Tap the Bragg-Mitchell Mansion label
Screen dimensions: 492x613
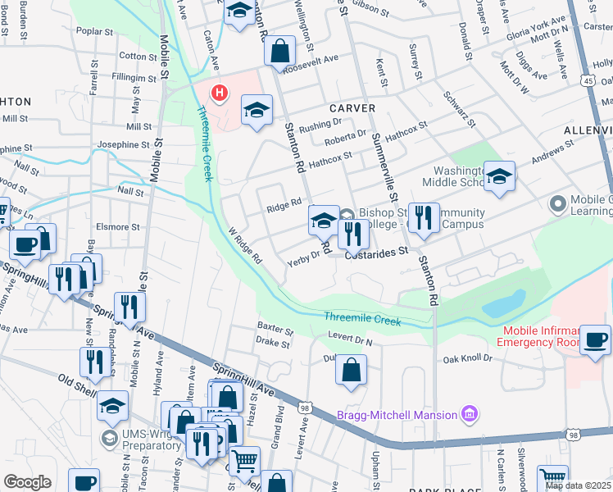click(x=397, y=414)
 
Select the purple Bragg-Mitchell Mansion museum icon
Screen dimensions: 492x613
click(x=470, y=414)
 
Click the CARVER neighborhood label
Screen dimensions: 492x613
click(x=352, y=108)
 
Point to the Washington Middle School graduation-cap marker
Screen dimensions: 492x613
click(x=499, y=177)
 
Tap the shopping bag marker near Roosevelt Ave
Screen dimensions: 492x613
click(x=279, y=51)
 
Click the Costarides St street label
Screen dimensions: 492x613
click(x=376, y=254)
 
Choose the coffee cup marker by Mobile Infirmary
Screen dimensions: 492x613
click(x=595, y=339)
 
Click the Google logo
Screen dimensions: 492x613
click(x=27, y=482)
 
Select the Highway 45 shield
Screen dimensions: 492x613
click(x=589, y=80)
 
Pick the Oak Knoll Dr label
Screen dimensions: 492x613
click(x=467, y=358)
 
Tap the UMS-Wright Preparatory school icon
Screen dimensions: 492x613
click(x=108, y=438)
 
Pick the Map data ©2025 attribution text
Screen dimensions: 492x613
click(x=577, y=485)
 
